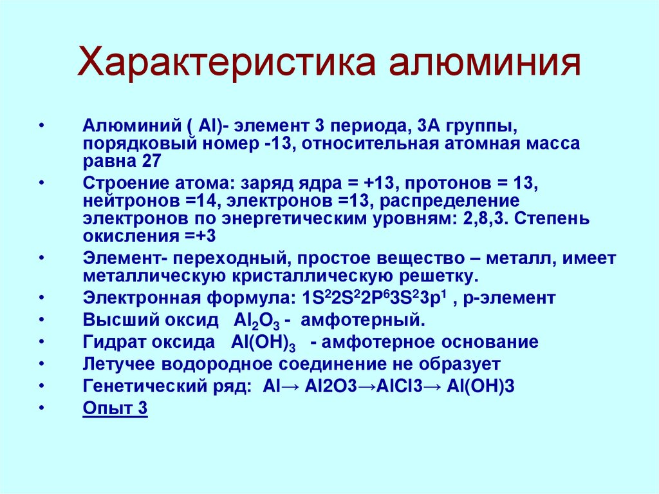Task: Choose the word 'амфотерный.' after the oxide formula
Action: click(x=363, y=321)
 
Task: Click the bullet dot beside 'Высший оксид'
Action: click(x=42, y=321)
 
